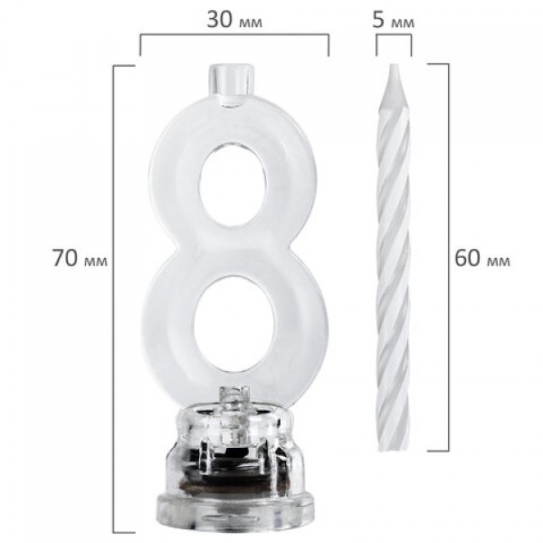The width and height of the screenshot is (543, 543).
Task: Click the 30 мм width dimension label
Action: tap(234, 20)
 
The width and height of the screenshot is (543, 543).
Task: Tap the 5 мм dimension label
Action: tap(393, 20)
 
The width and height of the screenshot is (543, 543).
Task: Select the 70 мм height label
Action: tap(81, 258)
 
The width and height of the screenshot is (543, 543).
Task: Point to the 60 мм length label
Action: tap(482, 258)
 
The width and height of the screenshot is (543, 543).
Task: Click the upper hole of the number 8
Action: tap(233, 185)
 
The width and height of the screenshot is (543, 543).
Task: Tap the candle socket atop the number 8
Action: tap(230, 83)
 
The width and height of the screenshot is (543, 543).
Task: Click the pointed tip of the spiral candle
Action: tap(394, 66)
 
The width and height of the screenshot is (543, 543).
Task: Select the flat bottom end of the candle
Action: tap(394, 448)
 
